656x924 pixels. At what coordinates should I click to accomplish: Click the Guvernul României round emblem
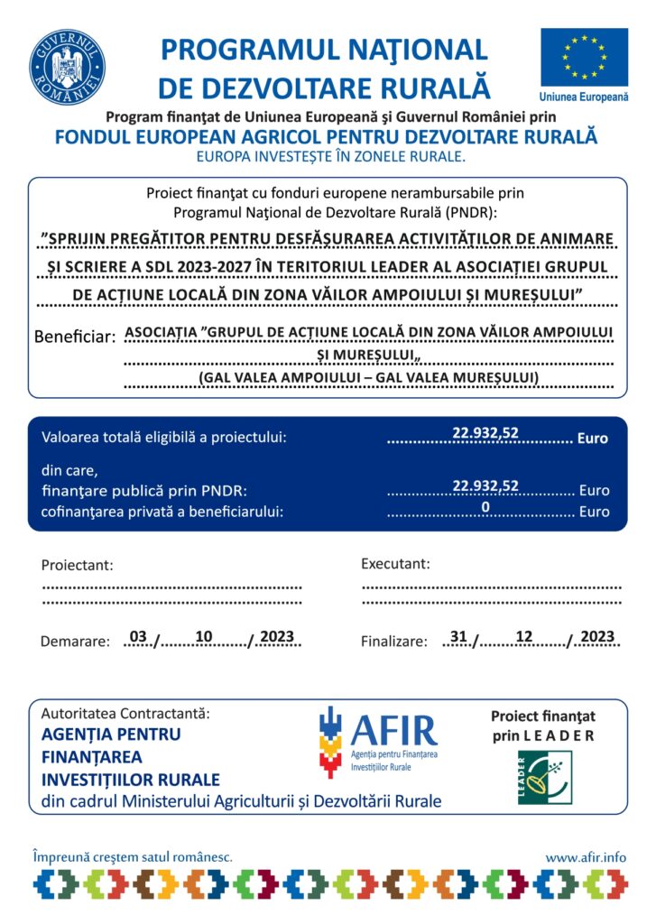68,68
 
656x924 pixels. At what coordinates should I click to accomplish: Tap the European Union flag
584,57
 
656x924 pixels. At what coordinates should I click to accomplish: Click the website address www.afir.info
586,856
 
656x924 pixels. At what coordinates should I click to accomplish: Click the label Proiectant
78,565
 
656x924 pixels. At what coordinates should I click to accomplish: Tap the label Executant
395,564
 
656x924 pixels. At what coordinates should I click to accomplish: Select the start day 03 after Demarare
138,636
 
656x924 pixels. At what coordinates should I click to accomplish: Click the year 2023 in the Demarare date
277,637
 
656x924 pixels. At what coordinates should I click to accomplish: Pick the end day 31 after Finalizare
458,636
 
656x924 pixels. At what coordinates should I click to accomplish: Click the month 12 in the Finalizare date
523,636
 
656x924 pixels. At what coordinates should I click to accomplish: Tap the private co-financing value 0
485,507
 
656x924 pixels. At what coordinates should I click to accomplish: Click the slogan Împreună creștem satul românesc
133,855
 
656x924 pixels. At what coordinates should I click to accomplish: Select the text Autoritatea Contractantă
125,713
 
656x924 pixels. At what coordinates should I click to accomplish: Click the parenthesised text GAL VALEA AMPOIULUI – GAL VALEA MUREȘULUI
369,376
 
